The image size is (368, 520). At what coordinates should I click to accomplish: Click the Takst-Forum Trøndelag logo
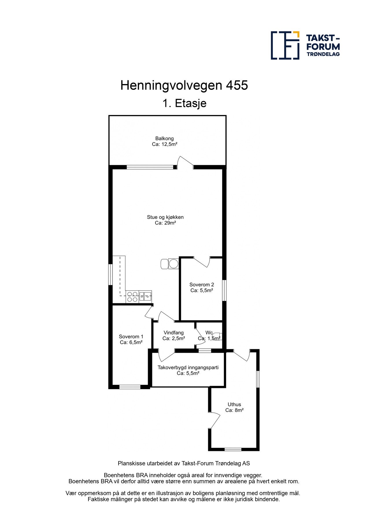305,45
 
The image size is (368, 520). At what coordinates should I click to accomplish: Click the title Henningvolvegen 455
184,86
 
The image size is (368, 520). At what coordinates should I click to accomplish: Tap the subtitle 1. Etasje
184,103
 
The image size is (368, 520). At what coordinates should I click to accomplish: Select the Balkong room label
164,138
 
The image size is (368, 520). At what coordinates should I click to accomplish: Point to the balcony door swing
185,162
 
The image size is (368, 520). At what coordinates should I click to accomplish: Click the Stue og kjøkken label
165,217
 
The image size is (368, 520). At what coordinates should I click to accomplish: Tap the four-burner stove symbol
132,297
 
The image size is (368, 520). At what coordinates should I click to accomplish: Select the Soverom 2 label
201,285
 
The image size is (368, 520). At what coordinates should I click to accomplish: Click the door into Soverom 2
202,262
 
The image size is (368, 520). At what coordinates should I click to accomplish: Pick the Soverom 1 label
131,337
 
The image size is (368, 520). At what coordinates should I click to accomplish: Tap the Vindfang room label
173,333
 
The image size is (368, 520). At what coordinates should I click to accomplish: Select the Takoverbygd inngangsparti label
188,367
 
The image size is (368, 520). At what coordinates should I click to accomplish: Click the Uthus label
234,404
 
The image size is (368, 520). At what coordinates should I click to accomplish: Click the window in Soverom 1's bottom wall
130,387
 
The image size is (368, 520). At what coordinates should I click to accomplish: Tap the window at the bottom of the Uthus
233,449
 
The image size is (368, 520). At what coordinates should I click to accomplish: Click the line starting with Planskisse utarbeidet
184,463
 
